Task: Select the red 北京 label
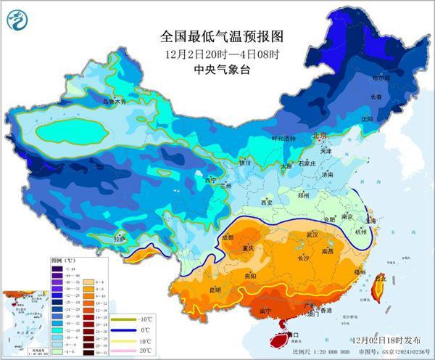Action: pos(320,136)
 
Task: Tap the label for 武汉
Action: pos(312,234)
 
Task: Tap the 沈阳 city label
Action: pos(367,118)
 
